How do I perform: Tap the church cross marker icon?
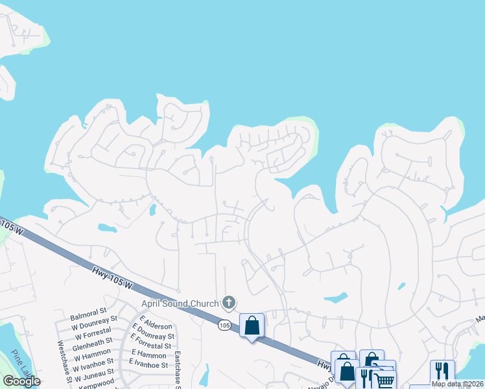click(228, 302)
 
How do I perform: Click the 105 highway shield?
click(224, 324)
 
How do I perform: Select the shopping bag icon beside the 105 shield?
click(252, 325)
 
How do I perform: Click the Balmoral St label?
click(88, 311)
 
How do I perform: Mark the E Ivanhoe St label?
click(150, 365)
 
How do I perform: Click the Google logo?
click(21, 381)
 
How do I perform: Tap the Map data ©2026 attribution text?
click(457, 384)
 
